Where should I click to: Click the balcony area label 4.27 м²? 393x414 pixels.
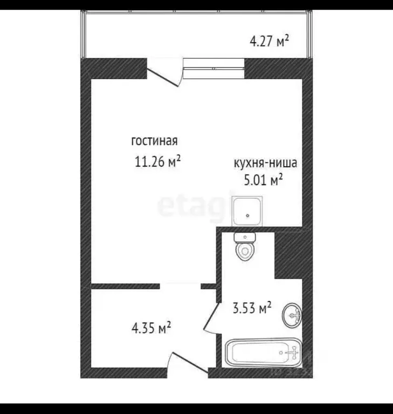point(270,40)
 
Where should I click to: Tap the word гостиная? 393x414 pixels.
point(154,141)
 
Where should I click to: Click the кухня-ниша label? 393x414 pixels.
point(265,162)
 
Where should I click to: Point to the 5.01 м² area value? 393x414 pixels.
point(264,180)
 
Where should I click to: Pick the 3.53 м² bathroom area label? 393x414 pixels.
point(251,309)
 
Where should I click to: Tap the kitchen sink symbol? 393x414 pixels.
point(248,211)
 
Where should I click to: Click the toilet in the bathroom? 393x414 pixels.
point(245,249)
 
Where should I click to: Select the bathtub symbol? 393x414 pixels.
point(263,353)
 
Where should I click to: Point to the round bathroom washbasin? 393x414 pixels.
point(293,314)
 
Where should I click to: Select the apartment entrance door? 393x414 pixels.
point(188,363)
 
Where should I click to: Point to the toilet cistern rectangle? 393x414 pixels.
point(245,236)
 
